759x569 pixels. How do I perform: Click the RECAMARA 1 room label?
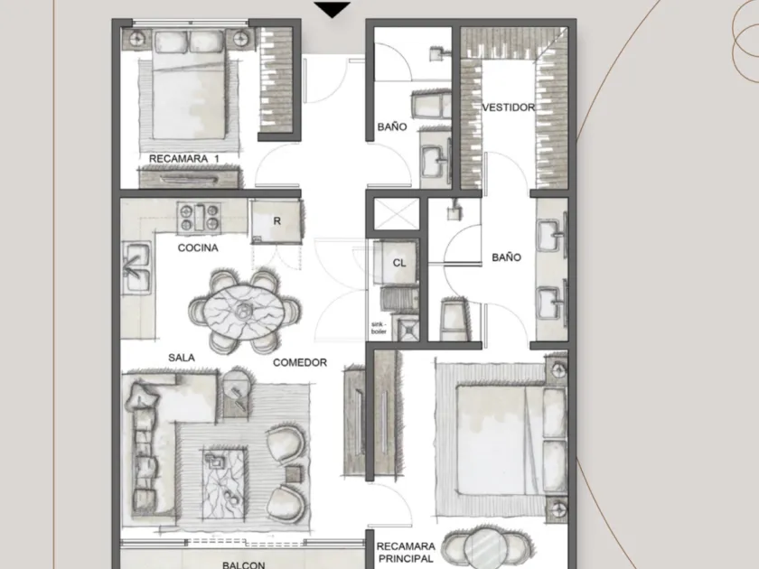pyautogui.click(x=184, y=158)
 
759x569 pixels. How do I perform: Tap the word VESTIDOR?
pyautogui.click(x=508, y=107)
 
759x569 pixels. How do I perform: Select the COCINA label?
pyautogui.click(x=198, y=247)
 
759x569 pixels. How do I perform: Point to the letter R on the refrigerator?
pyautogui.click(x=276, y=220)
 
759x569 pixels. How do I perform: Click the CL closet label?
pyautogui.click(x=399, y=263)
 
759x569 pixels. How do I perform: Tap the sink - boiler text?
pyautogui.click(x=379, y=328)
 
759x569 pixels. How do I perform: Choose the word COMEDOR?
pyautogui.click(x=300, y=362)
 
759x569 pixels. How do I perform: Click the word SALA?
pyautogui.click(x=182, y=358)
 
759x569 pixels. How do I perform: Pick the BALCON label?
pyautogui.click(x=243, y=564)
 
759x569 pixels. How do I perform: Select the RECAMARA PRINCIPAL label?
pyautogui.click(x=406, y=552)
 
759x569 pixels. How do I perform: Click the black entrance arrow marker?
pyautogui.click(x=333, y=10)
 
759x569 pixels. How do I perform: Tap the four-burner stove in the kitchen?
pyautogui.click(x=199, y=217)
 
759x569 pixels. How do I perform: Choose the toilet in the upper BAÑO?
pyautogui.click(x=430, y=103)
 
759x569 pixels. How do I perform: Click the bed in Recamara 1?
pyautogui.click(x=189, y=85)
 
